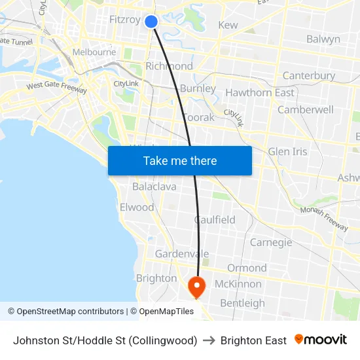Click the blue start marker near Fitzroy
click(x=151, y=22)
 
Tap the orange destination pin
click(x=196, y=286)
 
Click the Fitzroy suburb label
click(x=124, y=20)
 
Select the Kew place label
click(x=228, y=25)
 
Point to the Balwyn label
click(x=323, y=39)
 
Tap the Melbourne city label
click(x=94, y=52)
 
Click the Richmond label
click(x=169, y=66)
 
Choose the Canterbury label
click(x=308, y=76)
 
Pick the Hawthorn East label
click(x=260, y=93)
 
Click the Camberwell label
click(x=306, y=110)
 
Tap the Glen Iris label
click(x=287, y=152)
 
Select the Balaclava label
click(x=154, y=187)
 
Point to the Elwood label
click(x=137, y=207)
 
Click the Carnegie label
click(x=271, y=243)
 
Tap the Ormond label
click(x=247, y=268)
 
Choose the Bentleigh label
click(x=242, y=303)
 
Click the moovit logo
click(x=321, y=340)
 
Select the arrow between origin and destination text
click(x=209, y=340)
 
